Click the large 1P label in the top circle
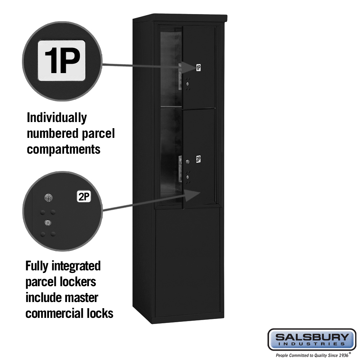[62, 60]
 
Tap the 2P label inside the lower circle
[84, 197]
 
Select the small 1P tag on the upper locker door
[198, 68]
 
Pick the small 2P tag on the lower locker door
[198, 159]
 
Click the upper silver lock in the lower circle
[48, 198]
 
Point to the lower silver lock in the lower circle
[48, 222]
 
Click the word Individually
[57, 118]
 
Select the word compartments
[64, 149]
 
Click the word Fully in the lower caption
[37, 266]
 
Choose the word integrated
[76, 266]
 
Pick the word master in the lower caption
[81, 298]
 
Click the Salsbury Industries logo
[312, 339]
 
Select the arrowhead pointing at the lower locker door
[193, 195]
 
